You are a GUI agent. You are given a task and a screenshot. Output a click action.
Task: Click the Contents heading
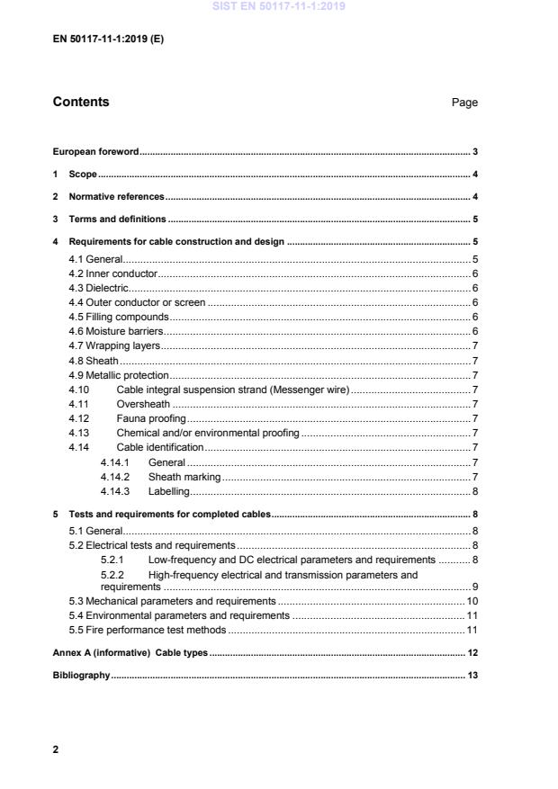pos(81,102)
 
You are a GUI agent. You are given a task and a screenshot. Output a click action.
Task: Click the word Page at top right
pos(464,103)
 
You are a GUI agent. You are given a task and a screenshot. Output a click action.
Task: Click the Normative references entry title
pos(116,196)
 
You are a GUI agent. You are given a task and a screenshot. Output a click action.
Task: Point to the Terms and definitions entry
pos(117,219)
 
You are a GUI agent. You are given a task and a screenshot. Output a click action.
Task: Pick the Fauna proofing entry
pos(151,418)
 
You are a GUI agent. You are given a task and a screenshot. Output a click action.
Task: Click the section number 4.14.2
pos(115,476)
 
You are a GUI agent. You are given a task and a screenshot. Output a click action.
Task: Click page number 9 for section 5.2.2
pos(474,587)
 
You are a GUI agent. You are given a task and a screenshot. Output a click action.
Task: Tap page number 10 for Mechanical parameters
pos(472,600)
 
